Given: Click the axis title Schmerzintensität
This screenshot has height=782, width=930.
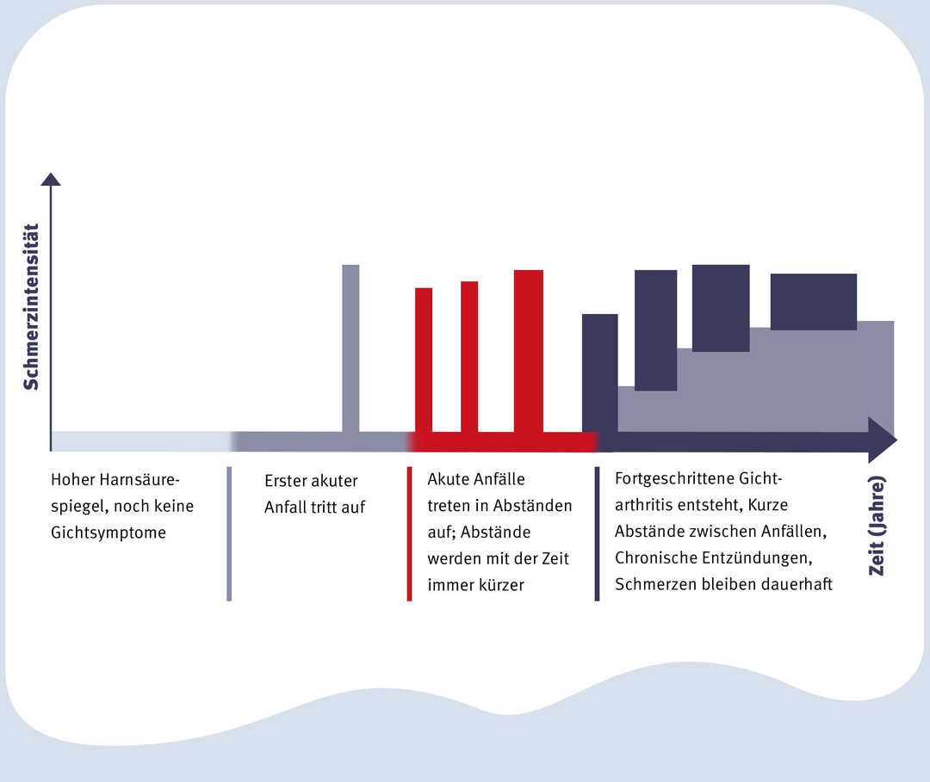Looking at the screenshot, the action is [31, 307].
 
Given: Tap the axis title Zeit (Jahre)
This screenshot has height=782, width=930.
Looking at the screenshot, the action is [877, 526].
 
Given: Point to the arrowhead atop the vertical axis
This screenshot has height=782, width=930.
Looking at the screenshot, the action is [51, 179].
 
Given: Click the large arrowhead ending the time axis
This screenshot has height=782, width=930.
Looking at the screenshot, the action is [883, 440].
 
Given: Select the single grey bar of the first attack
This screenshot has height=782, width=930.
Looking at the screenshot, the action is [350, 348].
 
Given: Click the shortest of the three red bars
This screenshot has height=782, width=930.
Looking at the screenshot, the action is [424, 360].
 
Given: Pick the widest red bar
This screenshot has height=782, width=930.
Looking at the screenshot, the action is [529, 351].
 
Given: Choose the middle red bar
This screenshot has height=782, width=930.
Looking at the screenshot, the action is [469, 357].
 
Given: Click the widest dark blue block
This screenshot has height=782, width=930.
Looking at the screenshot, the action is [814, 302].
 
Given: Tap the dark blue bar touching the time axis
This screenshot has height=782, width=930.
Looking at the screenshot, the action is [599, 373].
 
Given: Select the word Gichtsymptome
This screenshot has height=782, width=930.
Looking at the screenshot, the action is [108, 533].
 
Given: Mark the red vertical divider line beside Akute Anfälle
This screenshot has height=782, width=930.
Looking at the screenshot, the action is [409, 533].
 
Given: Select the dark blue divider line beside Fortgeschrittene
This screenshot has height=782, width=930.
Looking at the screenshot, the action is [597, 533].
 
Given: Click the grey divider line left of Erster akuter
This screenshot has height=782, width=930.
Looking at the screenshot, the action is [229, 533].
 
